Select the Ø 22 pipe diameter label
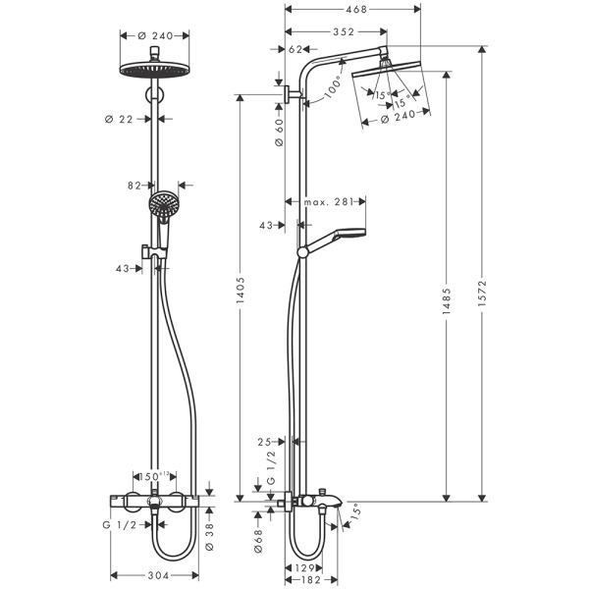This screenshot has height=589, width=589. [118, 119]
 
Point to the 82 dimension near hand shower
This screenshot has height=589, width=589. [134, 184]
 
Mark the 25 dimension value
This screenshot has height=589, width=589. [265, 443]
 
